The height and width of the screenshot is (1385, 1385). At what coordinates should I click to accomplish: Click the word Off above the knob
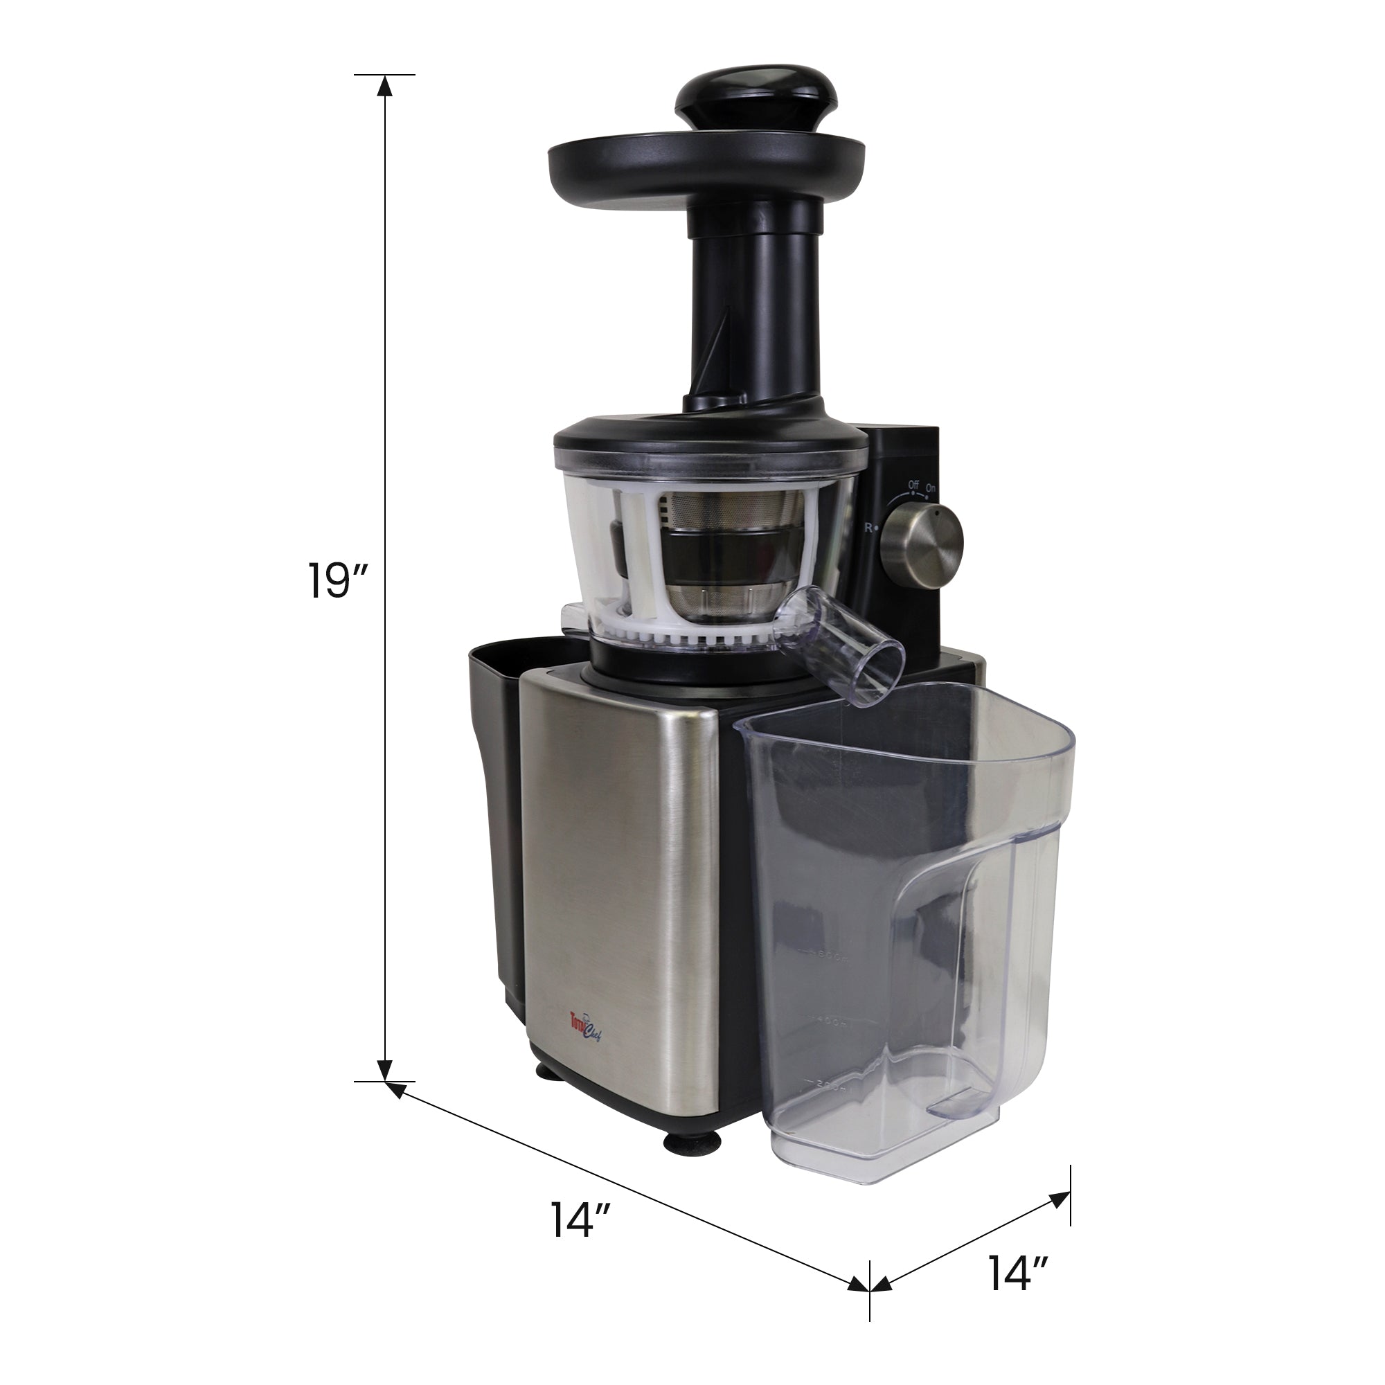(x=913, y=485)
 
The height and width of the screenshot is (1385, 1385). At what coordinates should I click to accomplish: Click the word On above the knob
(x=931, y=489)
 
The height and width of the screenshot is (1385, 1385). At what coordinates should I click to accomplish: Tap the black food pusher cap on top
(x=756, y=96)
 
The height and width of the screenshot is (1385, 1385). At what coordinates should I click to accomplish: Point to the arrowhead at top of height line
(x=385, y=86)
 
